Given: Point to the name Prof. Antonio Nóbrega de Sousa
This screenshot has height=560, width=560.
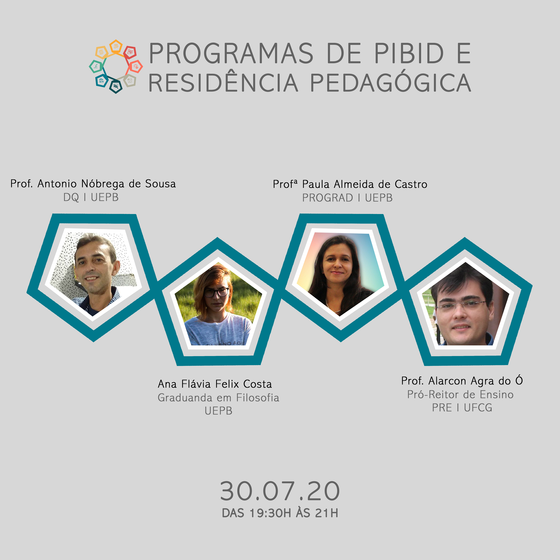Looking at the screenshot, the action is pyautogui.click(x=93, y=184).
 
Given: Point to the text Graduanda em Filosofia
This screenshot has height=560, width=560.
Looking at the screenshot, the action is pyautogui.click(x=218, y=397).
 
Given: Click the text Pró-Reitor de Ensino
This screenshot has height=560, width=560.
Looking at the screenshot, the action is pyautogui.click(x=460, y=394).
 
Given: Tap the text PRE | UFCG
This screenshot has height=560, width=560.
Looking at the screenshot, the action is pyautogui.click(x=462, y=407).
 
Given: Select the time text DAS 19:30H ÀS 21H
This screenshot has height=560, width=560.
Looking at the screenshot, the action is pyautogui.click(x=280, y=513).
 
